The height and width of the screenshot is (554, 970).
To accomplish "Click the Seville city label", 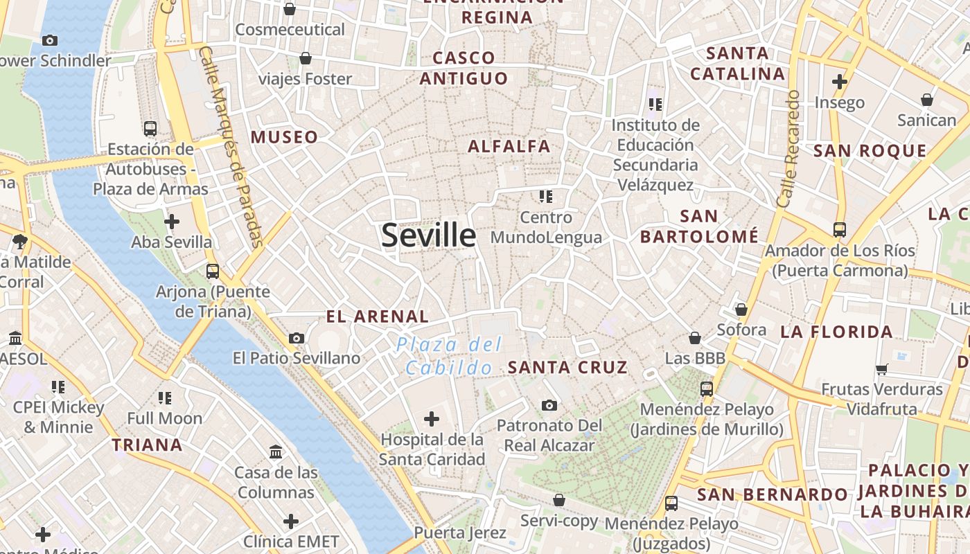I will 429,235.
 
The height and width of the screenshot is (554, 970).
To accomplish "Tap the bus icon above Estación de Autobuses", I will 150,128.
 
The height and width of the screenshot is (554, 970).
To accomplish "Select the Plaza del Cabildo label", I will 450,355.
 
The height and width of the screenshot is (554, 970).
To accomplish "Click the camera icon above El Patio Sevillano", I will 297,338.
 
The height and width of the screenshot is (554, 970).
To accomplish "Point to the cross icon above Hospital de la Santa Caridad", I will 432,418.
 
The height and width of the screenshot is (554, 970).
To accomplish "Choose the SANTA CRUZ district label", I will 567,367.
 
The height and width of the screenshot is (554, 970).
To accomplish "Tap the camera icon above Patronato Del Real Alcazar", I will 549,405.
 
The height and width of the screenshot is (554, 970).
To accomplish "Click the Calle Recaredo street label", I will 788,149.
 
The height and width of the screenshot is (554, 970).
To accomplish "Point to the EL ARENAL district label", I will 378,316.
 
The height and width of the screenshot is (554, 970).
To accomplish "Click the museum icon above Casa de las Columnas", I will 276,452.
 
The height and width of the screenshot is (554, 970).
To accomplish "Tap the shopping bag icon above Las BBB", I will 695,338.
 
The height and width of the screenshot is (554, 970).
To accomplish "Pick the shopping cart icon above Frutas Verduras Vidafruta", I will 882,369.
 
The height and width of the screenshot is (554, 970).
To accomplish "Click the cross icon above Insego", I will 840,82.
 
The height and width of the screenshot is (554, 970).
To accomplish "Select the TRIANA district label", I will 148,445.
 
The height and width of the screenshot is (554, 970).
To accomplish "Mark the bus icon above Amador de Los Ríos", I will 840,229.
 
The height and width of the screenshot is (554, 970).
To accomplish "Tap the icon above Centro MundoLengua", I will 546,197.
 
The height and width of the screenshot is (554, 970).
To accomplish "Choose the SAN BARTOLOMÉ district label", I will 699,226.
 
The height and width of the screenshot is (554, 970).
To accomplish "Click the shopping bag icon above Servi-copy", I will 559,500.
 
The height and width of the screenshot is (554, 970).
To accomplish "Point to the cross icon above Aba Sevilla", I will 172,222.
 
